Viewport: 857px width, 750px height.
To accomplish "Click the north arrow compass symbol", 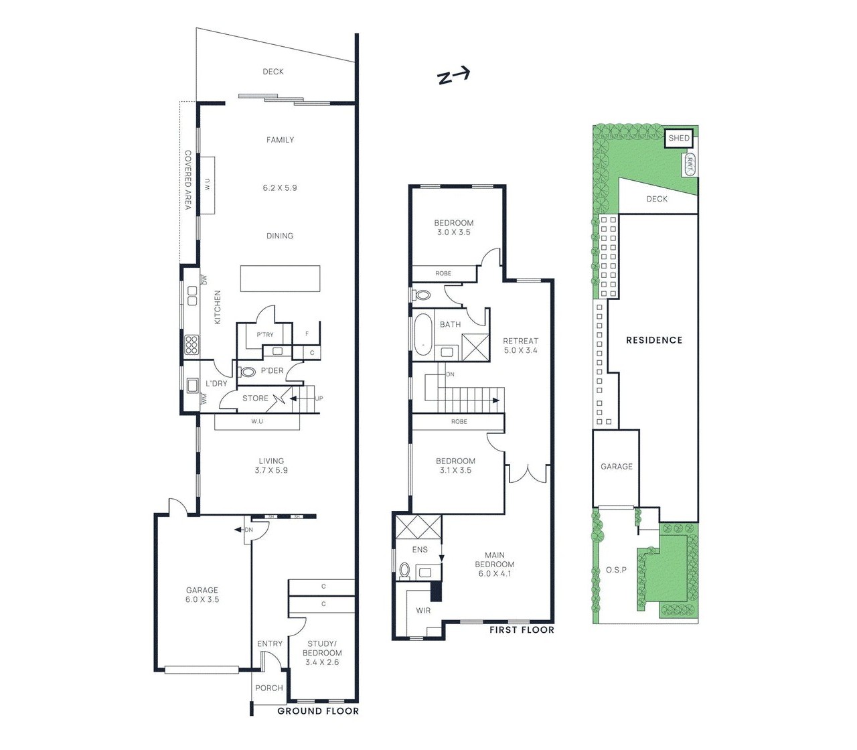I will click(x=453, y=76).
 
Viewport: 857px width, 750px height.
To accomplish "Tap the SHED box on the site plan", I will click(x=678, y=139).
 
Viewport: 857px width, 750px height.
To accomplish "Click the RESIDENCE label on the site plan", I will click(x=653, y=340).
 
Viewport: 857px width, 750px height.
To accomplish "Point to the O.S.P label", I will click(x=616, y=570).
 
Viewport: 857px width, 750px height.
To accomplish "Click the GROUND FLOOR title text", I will click(x=318, y=710).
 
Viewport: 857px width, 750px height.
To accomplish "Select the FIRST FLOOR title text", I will click(x=522, y=629).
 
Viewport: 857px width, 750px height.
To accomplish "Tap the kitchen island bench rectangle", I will click(x=280, y=279).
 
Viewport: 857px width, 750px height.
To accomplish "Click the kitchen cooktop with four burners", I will click(x=191, y=344).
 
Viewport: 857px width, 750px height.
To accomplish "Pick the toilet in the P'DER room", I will click(x=248, y=371).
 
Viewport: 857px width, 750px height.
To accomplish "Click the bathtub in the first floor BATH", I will click(x=423, y=334).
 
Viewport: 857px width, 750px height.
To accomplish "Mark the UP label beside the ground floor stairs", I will click(x=319, y=398).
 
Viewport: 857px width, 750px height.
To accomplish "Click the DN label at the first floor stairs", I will click(x=450, y=374).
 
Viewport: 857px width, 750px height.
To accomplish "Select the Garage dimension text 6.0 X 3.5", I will click(x=202, y=599).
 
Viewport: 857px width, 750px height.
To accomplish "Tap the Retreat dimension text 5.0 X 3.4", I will click(x=520, y=350).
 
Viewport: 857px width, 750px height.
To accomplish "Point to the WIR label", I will click(x=423, y=610).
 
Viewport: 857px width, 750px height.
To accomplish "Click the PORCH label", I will click(x=269, y=688).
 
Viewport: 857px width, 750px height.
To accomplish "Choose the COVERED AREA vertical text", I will click(x=188, y=179).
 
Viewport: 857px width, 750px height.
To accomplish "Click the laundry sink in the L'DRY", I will click(x=191, y=384).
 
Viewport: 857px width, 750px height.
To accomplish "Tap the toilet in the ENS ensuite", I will click(x=404, y=570).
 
